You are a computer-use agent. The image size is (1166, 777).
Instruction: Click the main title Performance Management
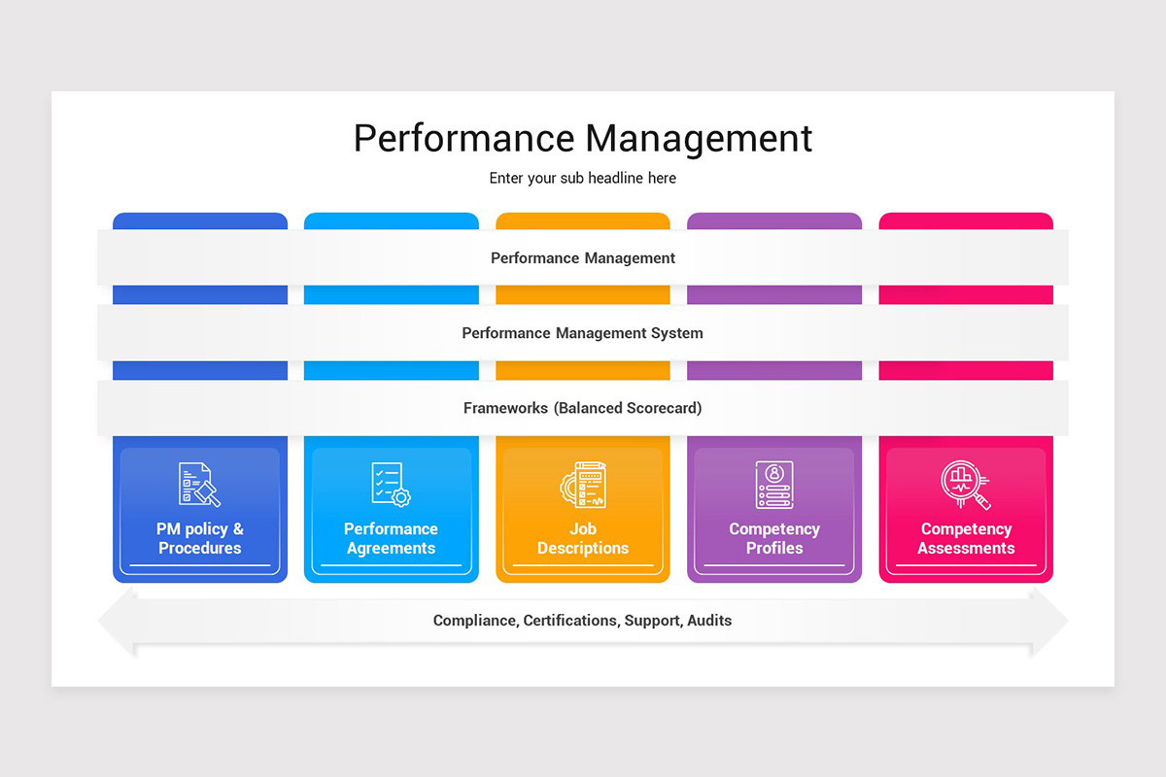tap(583, 138)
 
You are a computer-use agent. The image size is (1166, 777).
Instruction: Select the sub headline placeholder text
tap(583, 179)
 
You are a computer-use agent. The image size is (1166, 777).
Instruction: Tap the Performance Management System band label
tap(583, 333)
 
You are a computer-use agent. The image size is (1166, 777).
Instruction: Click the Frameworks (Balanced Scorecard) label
tap(583, 408)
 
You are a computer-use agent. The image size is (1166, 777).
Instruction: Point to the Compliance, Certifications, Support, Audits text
tap(583, 621)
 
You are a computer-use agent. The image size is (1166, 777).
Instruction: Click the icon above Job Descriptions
tap(583, 484)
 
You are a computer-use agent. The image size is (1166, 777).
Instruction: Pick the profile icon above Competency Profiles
tap(774, 484)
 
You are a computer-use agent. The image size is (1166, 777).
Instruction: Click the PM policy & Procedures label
tap(200, 539)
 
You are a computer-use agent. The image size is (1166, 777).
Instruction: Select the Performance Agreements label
tap(391, 539)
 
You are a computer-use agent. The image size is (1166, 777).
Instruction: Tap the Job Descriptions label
tap(583, 539)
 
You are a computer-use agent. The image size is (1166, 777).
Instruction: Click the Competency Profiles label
tap(774, 539)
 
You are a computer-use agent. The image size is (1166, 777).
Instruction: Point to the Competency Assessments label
tap(966, 539)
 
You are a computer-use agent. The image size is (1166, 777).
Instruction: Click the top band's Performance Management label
tap(583, 258)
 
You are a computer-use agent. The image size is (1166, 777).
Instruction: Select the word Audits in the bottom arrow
tap(709, 621)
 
